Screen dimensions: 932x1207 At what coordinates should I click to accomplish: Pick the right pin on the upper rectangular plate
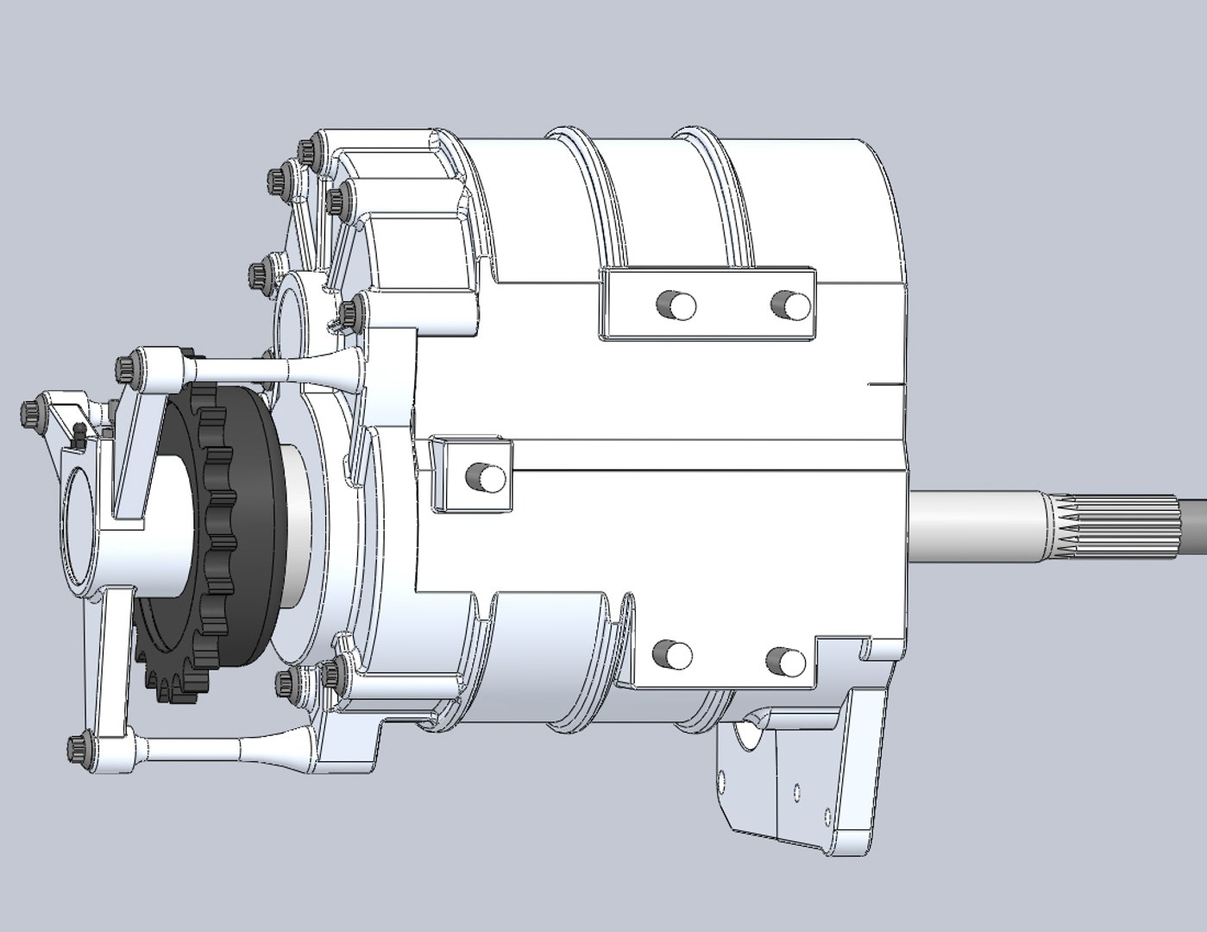[792, 304]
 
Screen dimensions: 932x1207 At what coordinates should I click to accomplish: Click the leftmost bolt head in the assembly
[30, 411]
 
